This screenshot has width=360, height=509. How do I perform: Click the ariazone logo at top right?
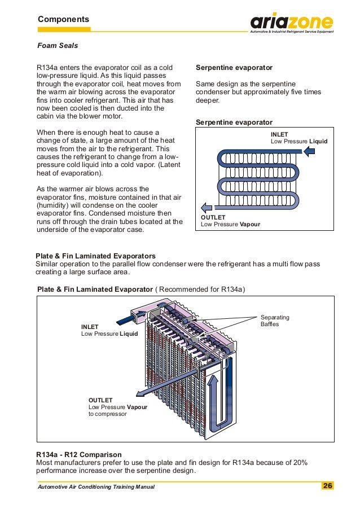292,23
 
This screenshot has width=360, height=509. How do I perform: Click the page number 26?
327,486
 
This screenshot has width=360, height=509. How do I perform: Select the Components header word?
63,19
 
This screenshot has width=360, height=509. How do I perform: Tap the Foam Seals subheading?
58,46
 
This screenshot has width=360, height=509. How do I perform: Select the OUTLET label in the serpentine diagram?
213,217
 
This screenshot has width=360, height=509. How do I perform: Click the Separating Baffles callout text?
274,321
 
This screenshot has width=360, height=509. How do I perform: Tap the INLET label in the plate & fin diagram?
90,327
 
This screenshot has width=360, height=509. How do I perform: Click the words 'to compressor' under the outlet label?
107,414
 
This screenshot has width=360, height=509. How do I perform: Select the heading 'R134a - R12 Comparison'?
78,454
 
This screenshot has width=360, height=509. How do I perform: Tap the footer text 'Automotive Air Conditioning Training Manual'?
96,486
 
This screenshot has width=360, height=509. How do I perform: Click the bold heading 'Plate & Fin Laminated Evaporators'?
95,256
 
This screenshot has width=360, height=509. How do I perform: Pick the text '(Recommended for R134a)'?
201,289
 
